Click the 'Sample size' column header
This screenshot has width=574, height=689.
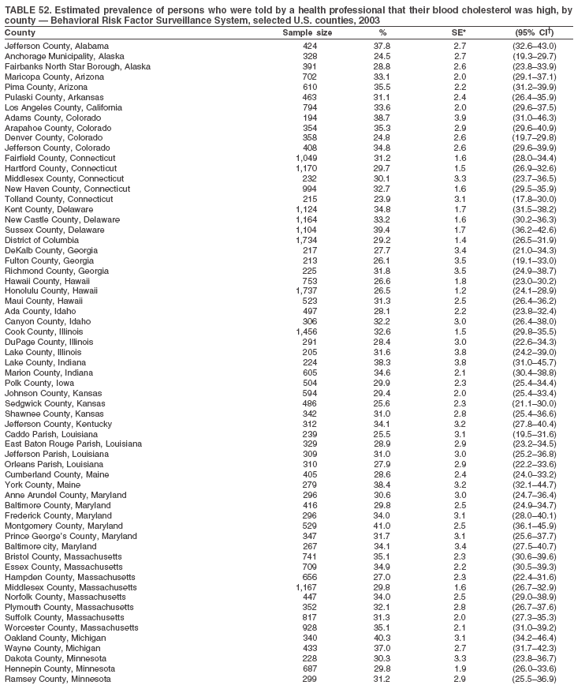307,33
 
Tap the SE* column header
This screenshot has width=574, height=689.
458,33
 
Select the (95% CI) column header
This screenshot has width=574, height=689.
534,33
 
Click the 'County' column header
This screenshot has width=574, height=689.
20,33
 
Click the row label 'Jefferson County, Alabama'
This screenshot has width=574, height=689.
56,47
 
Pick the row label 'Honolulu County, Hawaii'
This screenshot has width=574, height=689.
52,291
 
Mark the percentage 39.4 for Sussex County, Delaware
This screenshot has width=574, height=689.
382,229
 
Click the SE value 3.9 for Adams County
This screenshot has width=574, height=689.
458,116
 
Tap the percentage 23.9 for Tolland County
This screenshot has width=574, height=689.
382,199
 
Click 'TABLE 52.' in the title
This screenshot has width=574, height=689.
25,9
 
